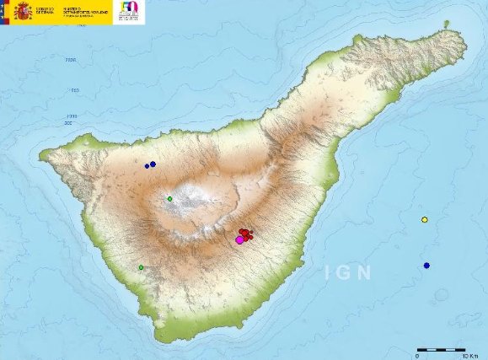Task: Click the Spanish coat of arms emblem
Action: coord(19,12)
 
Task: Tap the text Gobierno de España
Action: coord(45,9)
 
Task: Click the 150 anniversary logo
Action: coord(131,12)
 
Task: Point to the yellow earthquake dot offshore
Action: coord(425,220)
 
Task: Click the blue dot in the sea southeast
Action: coord(427,266)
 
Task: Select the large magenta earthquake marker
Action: coord(239,240)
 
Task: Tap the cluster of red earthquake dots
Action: coord(245,234)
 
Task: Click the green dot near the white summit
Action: coord(169,199)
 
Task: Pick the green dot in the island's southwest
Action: coord(141,268)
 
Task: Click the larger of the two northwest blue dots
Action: coord(153,164)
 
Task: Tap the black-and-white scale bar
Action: coord(442,348)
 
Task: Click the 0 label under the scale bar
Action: coord(419,355)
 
